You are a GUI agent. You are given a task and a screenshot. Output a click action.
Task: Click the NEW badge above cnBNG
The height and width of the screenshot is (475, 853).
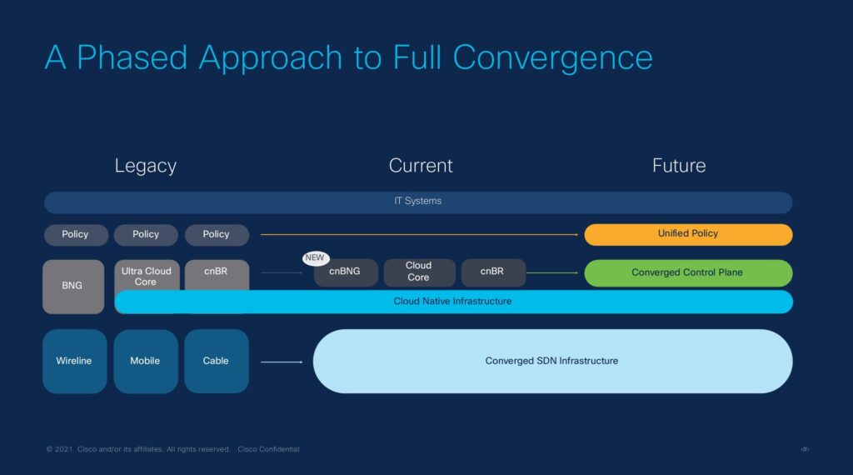click(x=315, y=258)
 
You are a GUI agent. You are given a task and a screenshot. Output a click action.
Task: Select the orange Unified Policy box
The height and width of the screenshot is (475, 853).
click(x=688, y=234)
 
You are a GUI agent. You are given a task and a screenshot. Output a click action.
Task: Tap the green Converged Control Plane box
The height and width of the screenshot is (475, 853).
click(x=688, y=272)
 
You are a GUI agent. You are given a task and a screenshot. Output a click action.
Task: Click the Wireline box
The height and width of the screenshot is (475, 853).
click(x=74, y=361)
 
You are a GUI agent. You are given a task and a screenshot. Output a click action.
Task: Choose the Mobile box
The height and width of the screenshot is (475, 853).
click(x=146, y=361)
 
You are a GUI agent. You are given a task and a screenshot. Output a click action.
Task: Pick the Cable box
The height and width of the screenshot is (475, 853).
click(x=217, y=361)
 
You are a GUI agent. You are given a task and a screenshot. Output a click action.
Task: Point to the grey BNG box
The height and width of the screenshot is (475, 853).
click(x=73, y=286)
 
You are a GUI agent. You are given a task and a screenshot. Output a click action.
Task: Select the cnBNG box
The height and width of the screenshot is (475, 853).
click(x=345, y=272)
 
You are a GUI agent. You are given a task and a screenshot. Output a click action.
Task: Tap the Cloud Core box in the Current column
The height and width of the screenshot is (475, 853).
click(x=419, y=272)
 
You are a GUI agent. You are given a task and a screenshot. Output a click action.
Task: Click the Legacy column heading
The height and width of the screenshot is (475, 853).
click(x=146, y=166)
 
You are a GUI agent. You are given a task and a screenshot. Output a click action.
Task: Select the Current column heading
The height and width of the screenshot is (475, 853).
click(x=421, y=166)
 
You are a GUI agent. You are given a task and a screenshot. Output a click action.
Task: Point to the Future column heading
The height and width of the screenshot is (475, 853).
click(x=679, y=166)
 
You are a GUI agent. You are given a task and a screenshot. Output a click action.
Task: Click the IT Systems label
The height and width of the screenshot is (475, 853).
click(x=417, y=202)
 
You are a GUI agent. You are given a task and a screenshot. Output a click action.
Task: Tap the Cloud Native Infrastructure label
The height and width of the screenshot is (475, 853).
click(x=452, y=301)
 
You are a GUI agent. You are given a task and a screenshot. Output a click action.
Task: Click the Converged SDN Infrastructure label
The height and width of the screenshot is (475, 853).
click(x=551, y=361)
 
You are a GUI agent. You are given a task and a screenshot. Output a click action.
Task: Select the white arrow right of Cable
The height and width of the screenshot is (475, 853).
click(x=282, y=362)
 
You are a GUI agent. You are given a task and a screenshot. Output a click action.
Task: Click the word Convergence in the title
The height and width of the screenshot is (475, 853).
click(x=553, y=57)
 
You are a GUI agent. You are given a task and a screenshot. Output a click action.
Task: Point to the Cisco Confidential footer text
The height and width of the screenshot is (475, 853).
click(x=268, y=449)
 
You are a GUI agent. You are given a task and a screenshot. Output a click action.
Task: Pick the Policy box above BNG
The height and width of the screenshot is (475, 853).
click(x=75, y=235)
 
